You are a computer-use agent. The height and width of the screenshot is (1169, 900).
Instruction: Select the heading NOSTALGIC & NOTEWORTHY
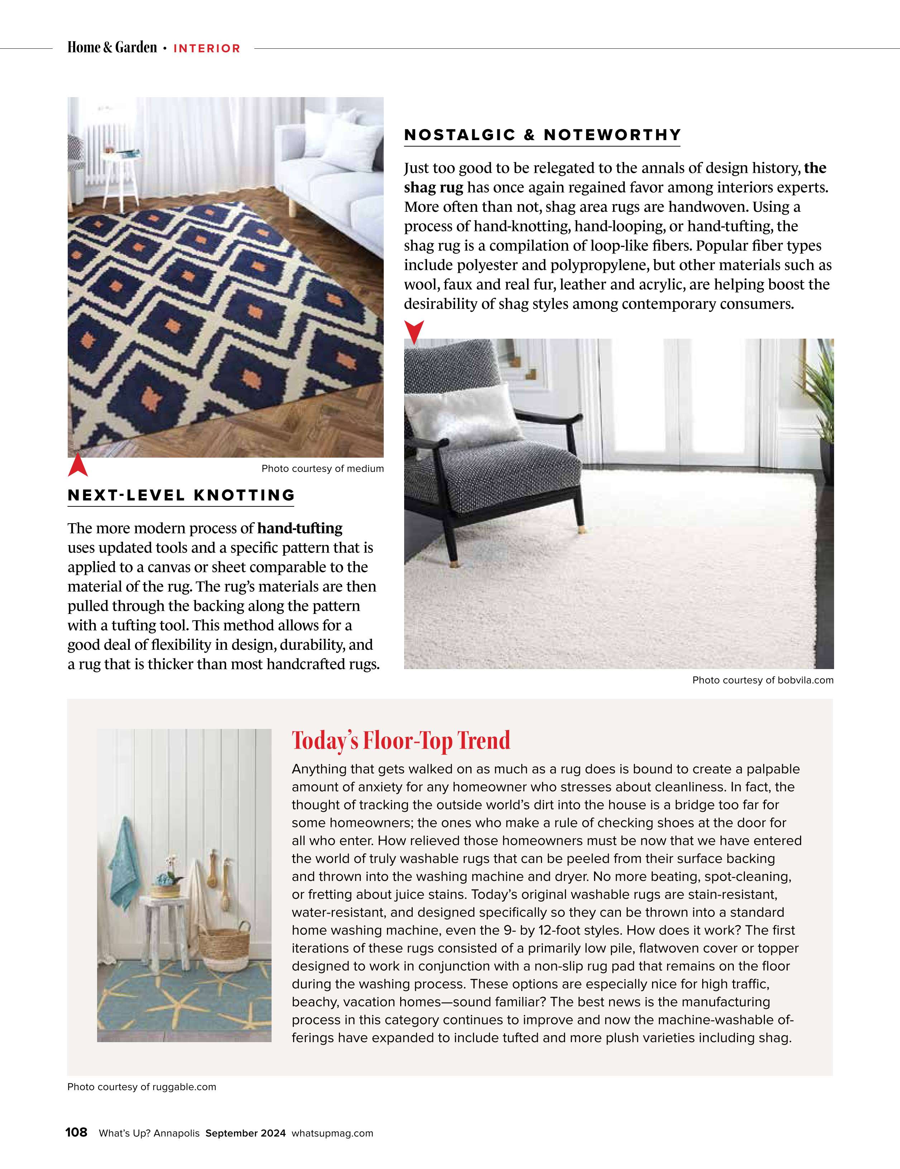[x=542, y=135]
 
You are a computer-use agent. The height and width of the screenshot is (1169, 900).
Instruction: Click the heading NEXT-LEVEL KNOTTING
[x=181, y=495]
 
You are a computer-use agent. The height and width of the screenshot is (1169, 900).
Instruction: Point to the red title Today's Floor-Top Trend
[x=401, y=741]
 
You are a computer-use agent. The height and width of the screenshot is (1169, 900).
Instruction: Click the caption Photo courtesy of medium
[x=322, y=469]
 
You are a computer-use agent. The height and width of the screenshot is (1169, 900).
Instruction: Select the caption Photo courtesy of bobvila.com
[x=762, y=680]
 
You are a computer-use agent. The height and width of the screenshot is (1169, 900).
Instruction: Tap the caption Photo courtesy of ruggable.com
[x=142, y=1087]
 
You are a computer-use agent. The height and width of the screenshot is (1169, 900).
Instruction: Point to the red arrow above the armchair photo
[x=414, y=331]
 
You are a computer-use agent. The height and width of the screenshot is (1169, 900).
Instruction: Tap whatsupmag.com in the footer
[x=332, y=1133]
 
